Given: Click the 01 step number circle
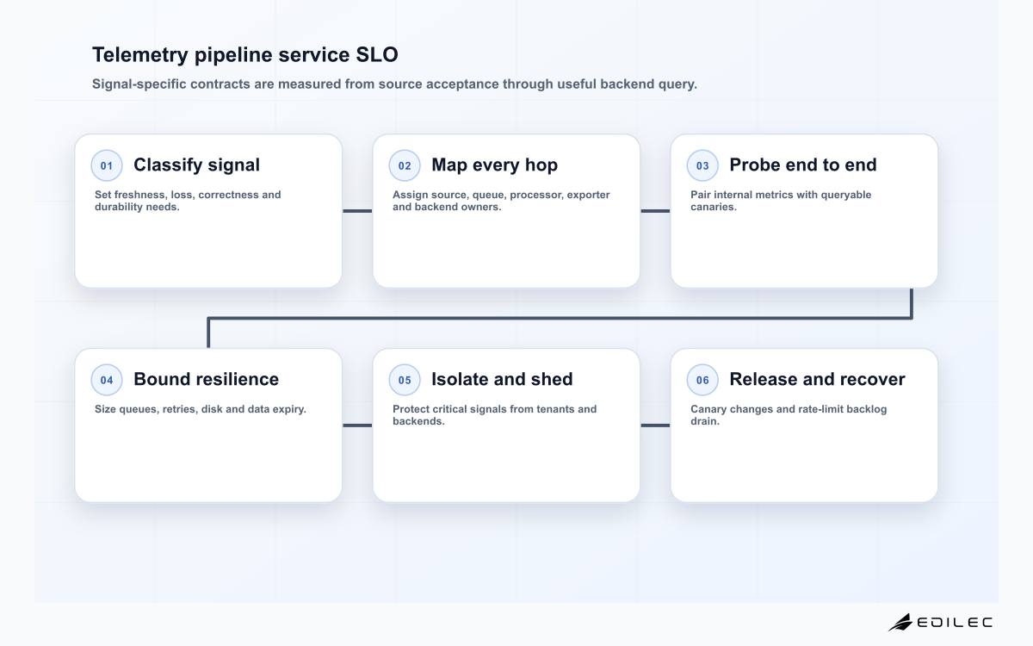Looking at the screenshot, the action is click(x=107, y=165).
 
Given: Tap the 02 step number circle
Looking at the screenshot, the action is click(x=405, y=165).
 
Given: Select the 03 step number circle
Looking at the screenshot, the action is click(x=702, y=165).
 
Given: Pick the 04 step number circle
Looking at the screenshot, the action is click(x=107, y=380).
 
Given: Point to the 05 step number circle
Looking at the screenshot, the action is click(x=405, y=380).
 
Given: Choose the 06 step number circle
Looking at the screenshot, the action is click(x=702, y=380).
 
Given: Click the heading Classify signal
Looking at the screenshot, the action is click(x=196, y=165).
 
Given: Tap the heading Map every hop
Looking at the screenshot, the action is click(x=494, y=165).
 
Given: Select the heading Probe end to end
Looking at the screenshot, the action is click(x=803, y=165).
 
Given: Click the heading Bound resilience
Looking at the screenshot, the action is click(x=206, y=379).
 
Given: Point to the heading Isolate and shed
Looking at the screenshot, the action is click(x=502, y=379).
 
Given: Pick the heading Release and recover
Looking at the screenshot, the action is click(x=817, y=379).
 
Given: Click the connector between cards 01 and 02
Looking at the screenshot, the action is click(x=357, y=211).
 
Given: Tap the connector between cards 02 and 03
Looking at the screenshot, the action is click(x=655, y=211).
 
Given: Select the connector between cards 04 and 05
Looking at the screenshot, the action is click(x=357, y=425).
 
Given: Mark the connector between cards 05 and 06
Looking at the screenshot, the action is click(x=655, y=425).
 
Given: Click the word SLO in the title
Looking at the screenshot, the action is click(x=377, y=55).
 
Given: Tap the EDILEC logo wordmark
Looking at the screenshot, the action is click(x=955, y=623).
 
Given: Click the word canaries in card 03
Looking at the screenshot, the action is click(x=714, y=208).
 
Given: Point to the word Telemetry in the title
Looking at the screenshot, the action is click(x=140, y=55).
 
